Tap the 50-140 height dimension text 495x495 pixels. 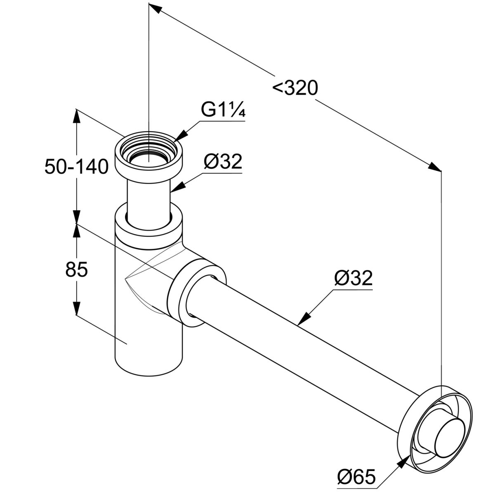coord(76,167)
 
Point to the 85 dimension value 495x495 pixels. coord(76,270)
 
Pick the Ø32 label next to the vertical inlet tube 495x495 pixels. coord(222,162)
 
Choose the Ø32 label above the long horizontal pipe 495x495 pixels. coord(354,279)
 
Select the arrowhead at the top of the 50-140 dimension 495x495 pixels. coord(76,116)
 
